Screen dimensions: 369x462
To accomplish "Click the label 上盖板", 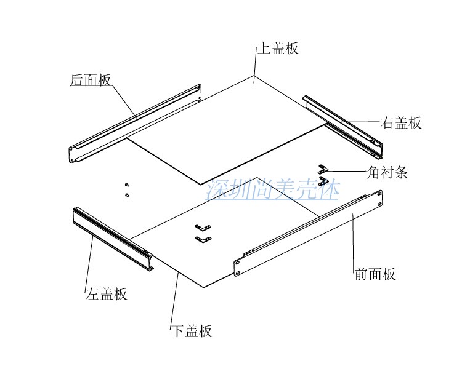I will point(278,49).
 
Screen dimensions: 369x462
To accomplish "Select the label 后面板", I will point(90,80).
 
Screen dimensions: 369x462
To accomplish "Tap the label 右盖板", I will point(401,122).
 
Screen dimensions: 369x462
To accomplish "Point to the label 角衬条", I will point(387,172).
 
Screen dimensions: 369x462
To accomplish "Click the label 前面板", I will point(375,274).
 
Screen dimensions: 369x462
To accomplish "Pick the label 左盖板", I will point(107,293).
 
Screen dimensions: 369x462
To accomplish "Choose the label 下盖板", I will point(191,331).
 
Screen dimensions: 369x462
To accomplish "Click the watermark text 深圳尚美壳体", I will point(273,190).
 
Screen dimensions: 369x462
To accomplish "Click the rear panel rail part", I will point(136,123).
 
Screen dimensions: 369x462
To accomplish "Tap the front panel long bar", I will point(308,234).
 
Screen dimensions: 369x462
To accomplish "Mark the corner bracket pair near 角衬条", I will point(323,172).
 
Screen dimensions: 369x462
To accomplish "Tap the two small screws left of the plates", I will point(126,189).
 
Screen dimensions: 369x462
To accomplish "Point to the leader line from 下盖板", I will point(174,301).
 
